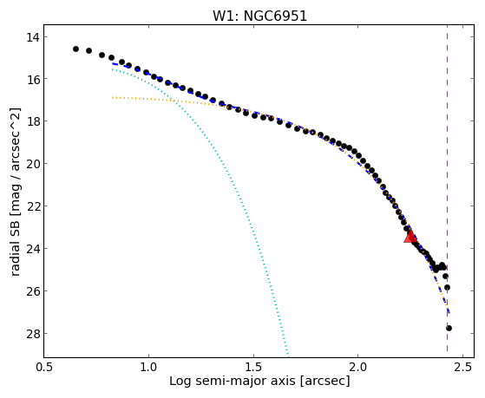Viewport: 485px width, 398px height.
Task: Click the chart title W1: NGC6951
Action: click(259, 16)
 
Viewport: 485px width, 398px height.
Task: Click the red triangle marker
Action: click(410, 237)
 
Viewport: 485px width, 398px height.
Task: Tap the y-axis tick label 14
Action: click(33, 37)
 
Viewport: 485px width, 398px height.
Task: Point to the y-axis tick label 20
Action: click(33, 164)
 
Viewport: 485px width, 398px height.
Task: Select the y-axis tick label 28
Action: click(33, 333)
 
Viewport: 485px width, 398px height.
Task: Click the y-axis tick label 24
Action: click(33, 248)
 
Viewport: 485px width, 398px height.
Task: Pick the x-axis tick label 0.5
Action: click(44, 367)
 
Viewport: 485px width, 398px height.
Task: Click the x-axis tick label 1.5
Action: click(253, 367)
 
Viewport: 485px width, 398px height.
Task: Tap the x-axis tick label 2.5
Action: click(463, 367)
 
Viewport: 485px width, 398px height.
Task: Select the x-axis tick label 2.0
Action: click(357, 367)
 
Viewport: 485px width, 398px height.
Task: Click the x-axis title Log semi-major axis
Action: click(232, 381)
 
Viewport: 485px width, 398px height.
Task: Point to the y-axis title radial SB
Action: click(16, 247)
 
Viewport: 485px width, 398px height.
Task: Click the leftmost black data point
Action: click(75, 49)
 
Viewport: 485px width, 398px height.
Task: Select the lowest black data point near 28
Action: click(449, 328)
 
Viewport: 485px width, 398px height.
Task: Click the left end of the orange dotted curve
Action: click(113, 97)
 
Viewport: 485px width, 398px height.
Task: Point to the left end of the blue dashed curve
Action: click(113, 63)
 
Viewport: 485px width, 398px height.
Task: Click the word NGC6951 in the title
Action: click(275, 16)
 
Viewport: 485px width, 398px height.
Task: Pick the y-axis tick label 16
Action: click(33, 79)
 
